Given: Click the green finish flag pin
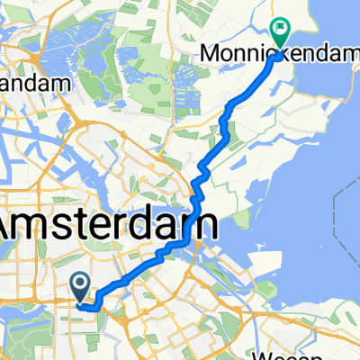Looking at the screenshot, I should click(x=280, y=33).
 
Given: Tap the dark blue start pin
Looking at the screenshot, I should click(x=79, y=286).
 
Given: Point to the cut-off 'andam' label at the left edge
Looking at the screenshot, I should click(x=34, y=84).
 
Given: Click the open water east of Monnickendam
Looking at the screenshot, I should click(x=324, y=108).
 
